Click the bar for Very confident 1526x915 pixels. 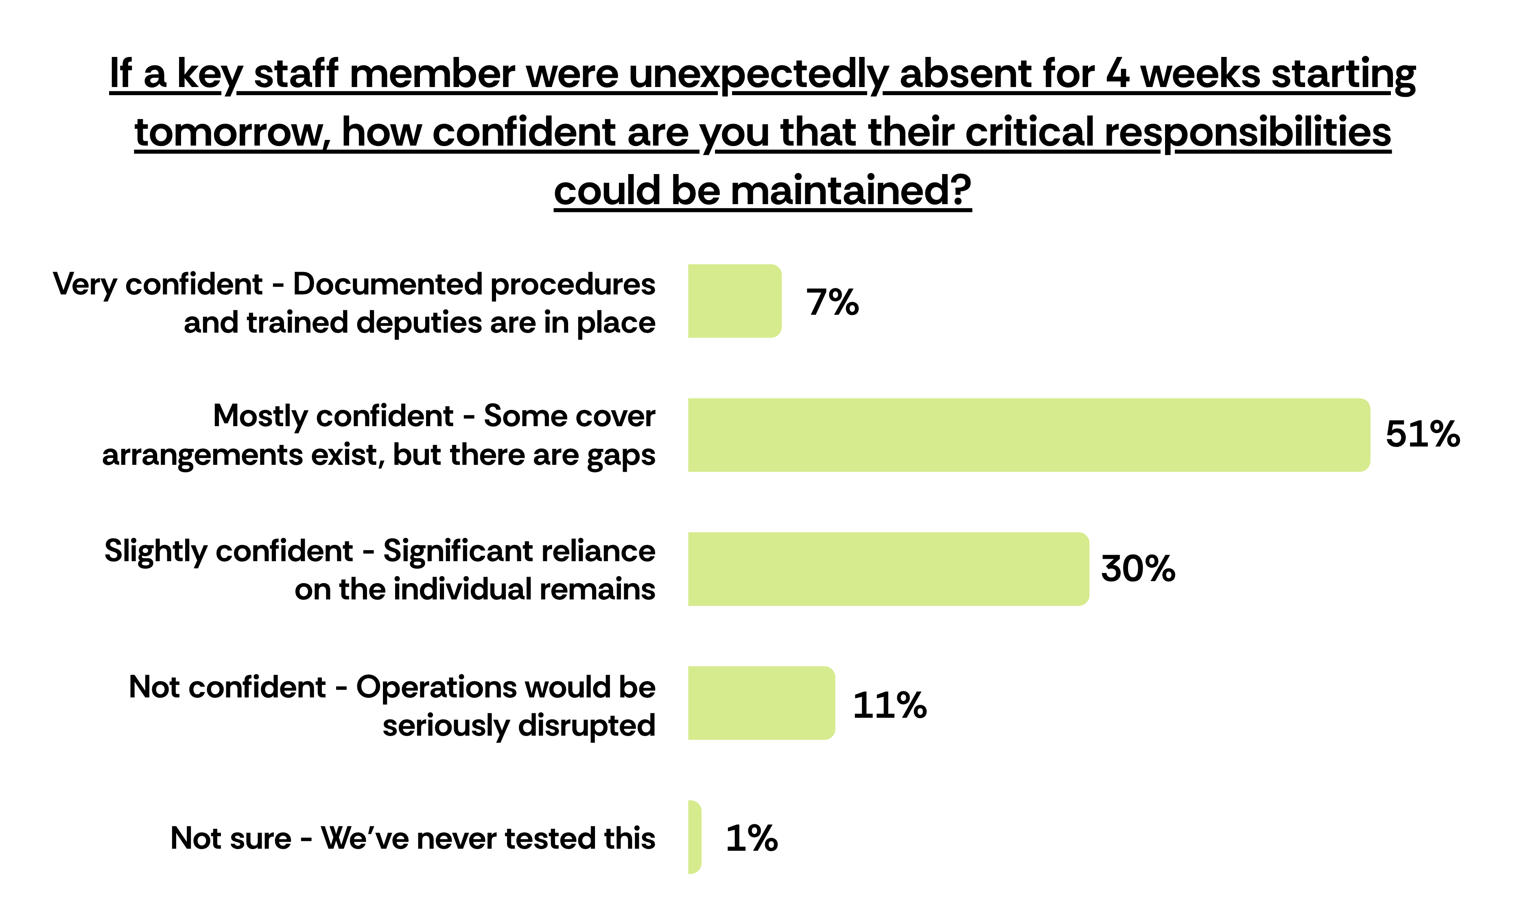(x=735, y=301)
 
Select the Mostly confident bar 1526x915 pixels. (x=1029, y=435)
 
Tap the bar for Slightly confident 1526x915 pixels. (x=889, y=569)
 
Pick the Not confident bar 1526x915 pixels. (x=762, y=703)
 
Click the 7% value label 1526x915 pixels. (x=833, y=302)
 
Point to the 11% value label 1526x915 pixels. (x=890, y=705)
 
